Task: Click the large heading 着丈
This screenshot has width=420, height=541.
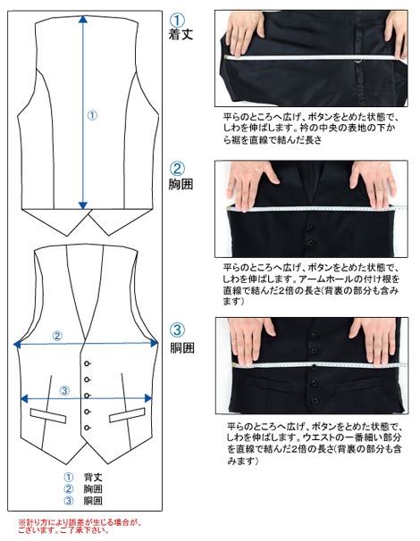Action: [181, 34]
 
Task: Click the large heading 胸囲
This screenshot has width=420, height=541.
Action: [181, 184]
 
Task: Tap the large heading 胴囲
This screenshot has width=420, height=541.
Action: [182, 347]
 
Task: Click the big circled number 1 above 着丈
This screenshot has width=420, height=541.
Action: [178, 21]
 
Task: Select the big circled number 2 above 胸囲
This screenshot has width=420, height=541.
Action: [177, 169]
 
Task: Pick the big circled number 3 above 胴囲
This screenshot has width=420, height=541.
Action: [177, 329]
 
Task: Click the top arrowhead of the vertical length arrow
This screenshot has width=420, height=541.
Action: [83, 19]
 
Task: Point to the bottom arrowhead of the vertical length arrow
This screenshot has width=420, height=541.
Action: [83, 205]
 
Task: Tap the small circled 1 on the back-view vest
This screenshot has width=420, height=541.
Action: [92, 115]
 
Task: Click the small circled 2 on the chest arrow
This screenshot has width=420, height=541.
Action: [57, 336]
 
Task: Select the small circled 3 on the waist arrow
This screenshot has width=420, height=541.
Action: [64, 390]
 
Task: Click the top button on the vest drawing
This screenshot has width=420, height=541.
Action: [87, 363]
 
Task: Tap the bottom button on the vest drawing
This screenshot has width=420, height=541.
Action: [87, 428]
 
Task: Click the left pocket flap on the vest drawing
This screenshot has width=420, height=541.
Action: [48, 416]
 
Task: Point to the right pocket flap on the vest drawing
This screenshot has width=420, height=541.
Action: [127, 415]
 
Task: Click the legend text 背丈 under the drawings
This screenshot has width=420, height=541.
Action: [93, 478]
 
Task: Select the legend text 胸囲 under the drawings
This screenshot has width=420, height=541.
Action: [93, 489]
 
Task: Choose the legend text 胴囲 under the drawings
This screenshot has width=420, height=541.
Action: [93, 501]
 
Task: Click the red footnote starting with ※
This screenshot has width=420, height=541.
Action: [80, 526]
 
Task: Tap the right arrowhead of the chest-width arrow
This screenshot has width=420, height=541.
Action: [154, 343]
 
